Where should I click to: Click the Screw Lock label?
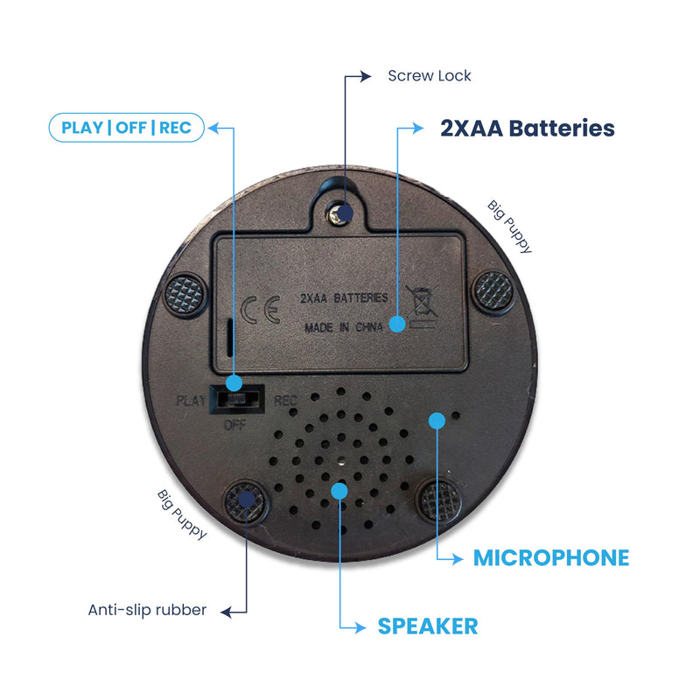coord(429,76)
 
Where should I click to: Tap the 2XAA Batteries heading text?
coord(528,128)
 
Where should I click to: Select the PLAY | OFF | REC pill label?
coord(126,128)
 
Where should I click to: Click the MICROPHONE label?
coord(551,558)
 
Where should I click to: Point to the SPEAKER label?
coord(428,626)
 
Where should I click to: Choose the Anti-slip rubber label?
coord(147,610)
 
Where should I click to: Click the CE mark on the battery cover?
coord(261,310)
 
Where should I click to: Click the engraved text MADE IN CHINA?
coord(343,327)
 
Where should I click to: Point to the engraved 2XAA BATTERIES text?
coord(344,297)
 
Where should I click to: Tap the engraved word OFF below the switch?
coord(235,424)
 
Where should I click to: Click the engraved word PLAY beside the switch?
coord(191,401)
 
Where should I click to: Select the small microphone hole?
coord(456,416)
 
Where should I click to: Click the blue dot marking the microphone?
coord(437,421)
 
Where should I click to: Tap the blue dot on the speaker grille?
coord(339,491)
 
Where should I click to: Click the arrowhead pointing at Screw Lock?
coord(365,76)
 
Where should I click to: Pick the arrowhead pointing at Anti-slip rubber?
coord(227,612)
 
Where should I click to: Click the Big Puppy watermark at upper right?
coord(509,227)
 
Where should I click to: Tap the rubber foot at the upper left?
coord(185,295)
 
